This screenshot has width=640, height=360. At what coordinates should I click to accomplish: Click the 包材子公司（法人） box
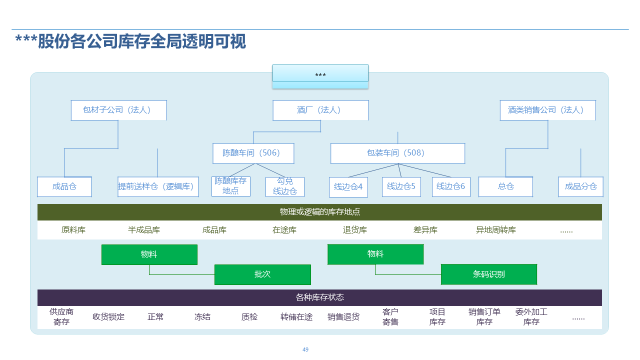pos(118,110)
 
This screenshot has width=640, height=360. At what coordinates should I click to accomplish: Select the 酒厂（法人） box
pos(320,110)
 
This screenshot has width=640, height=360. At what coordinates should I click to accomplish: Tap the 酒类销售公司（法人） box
pos(547,110)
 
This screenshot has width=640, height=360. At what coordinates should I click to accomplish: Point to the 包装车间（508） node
pos(397,153)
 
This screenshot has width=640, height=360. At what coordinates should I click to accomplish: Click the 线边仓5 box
pos(401,186)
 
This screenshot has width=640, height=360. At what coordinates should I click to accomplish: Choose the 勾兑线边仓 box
pos(285,186)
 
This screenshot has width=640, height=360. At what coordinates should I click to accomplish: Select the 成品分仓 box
pos(580,186)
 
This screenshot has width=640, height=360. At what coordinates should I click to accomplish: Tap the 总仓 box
pos(505,186)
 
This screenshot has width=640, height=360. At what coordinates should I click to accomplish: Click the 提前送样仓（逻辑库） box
pos(158,186)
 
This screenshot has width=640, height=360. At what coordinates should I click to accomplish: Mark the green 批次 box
pos(262,274)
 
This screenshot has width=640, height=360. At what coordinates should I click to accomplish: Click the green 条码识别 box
pos(488,274)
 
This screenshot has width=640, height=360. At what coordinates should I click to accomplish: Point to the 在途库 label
pos(284,230)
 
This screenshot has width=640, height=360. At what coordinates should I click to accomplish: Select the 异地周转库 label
pos(496,230)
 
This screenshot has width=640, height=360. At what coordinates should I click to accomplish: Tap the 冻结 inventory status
pos(202,316)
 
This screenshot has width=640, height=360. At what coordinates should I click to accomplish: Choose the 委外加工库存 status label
pos(531,316)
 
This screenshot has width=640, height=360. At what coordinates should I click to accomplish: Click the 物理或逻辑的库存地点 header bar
pos(319,212)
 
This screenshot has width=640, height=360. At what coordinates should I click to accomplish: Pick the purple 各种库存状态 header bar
pos(319,297)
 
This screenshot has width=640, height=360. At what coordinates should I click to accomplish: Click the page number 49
pos(305,349)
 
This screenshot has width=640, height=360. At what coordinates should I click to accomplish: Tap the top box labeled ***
pos(320,75)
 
